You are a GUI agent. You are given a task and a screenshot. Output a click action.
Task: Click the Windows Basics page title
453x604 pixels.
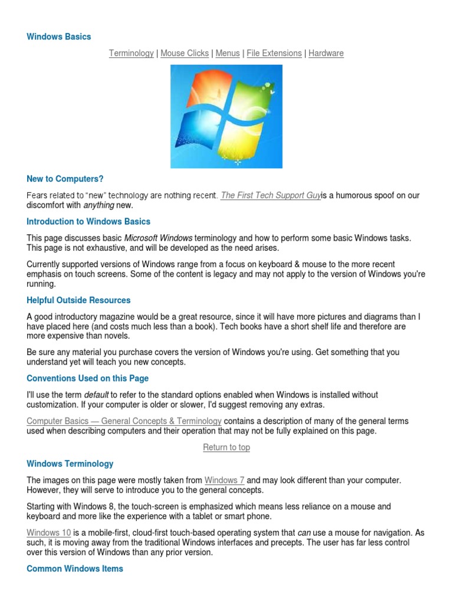59,37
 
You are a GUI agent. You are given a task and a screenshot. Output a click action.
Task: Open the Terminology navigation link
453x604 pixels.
131,53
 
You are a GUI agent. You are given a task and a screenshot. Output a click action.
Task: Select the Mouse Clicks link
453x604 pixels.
185,53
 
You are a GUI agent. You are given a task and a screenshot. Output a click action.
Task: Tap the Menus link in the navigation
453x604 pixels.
228,53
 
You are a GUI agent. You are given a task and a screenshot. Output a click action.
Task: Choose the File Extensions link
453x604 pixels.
274,53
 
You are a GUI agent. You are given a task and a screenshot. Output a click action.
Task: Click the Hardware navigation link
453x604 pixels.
326,53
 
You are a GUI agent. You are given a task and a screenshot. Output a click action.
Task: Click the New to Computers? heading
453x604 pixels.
65,178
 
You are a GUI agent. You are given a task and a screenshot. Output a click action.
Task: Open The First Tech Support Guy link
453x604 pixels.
271,195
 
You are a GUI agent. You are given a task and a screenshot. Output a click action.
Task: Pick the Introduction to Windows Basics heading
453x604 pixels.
88,222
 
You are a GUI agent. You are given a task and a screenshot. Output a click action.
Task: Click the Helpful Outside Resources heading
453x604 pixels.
78,300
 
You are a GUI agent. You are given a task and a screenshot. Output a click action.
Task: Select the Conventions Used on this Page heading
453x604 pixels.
87,378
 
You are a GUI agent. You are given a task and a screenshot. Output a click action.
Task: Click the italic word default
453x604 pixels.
97,395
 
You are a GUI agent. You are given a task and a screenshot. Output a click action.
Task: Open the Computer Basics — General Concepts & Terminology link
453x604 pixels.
124,421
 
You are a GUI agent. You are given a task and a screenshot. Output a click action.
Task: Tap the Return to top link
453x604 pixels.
226,447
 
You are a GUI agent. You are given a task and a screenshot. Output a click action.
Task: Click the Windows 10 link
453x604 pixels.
49,533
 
